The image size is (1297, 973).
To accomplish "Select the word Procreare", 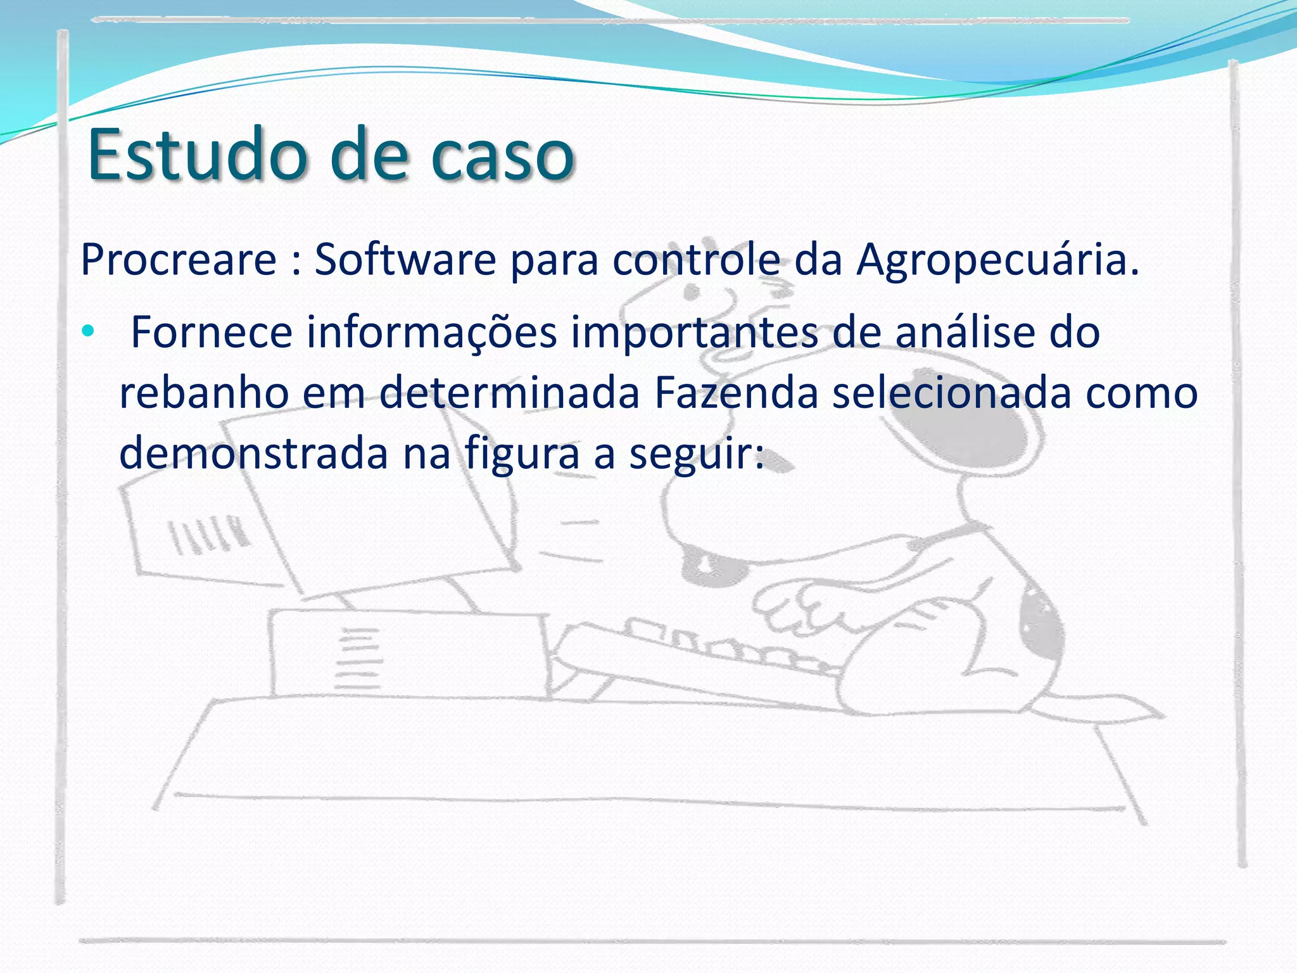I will [x=179, y=259].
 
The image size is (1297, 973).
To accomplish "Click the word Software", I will [x=405, y=259].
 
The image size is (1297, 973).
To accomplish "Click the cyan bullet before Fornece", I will [x=88, y=331].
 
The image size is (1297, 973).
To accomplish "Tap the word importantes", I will [x=694, y=333].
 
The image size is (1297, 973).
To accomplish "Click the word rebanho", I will [x=204, y=393].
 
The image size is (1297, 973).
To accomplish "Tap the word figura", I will [x=522, y=455].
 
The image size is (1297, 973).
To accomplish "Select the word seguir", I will [x=697, y=455].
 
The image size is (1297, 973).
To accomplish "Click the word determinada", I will [x=510, y=393].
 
